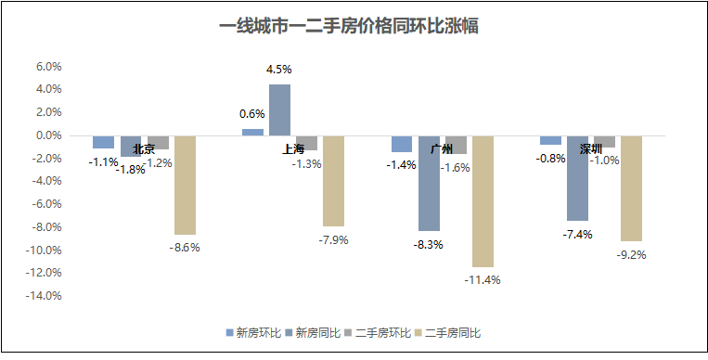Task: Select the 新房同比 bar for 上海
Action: (279, 109)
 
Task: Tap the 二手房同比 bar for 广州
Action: (483, 201)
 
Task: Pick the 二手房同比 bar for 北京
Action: (186, 185)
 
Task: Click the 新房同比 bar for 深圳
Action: (577, 178)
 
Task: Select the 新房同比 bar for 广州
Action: (429, 183)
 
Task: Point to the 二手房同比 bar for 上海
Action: (334, 181)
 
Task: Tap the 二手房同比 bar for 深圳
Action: (632, 188)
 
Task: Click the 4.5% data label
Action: (279, 70)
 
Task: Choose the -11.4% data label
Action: (483, 280)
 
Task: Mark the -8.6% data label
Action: (186, 248)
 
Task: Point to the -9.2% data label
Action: (632, 255)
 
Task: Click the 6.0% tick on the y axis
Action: (48, 67)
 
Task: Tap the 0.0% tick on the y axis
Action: (48, 135)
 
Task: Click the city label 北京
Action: (144, 148)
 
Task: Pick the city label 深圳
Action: (591, 148)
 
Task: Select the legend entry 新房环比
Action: (253, 332)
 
